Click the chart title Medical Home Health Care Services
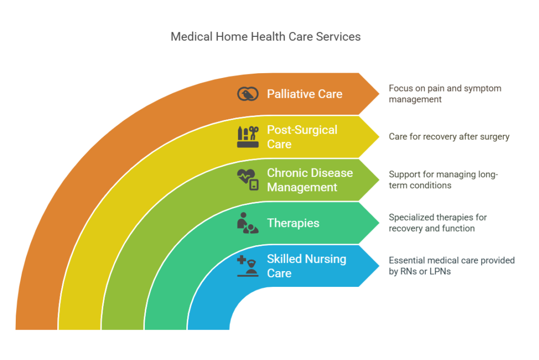pyautogui.click(x=265, y=36)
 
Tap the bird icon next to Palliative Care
pyautogui.click(x=247, y=94)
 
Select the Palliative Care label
pyautogui.click(x=305, y=94)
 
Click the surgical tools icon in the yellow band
pyautogui.click(x=247, y=137)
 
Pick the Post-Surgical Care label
pyautogui.click(x=302, y=137)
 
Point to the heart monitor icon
pyautogui.click(x=247, y=179)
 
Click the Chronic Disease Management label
pyautogui.click(x=310, y=180)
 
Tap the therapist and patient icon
pyautogui.click(x=247, y=223)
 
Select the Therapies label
pyautogui.click(x=293, y=223)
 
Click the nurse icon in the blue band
pyautogui.click(x=247, y=266)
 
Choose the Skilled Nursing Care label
pyautogui.click(x=307, y=266)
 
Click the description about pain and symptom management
pyautogui.click(x=445, y=94)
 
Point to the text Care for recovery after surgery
pyautogui.click(x=449, y=136)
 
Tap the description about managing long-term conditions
pyautogui.click(x=443, y=179)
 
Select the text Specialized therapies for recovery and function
pyautogui.click(x=437, y=223)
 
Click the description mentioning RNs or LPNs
pyautogui.click(x=452, y=265)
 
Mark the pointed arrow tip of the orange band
pyautogui.click(x=379, y=94)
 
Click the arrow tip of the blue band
pyautogui.click(x=379, y=265)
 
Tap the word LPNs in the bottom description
pyautogui.click(x=440, y=271)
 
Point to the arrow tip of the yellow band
pyautogui.click(x=379, y=136)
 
